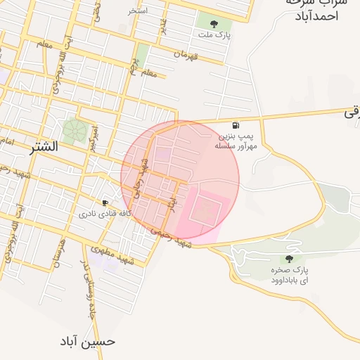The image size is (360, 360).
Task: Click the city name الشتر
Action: (x=44, y=148)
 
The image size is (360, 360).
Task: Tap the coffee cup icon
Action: (x=105, y=202)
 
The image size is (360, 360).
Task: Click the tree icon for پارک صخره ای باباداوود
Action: (x=290, y=259)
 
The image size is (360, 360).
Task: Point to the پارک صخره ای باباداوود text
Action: (x=290, y=275)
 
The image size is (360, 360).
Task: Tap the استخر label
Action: (x=138, y=11)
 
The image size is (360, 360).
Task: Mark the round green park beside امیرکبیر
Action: (x=73, y=129)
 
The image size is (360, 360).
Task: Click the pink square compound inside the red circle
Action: (x=205, y=210)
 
